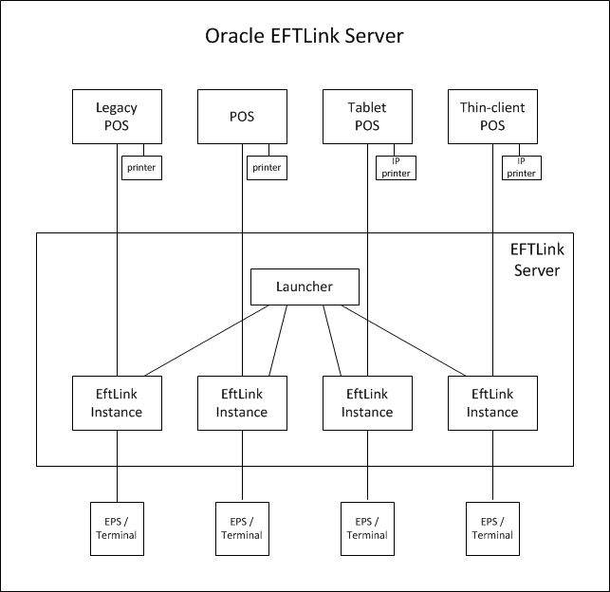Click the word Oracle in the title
(x=233, y=37)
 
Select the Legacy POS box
(x=117, y=117)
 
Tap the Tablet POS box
(x=367, y=117)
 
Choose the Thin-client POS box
(x=491, y=117)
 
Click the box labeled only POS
(x=242, y=117)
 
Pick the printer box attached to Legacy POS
(x=141, y=167)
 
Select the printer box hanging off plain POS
(x=267, y=167)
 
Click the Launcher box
(x=305, y=287)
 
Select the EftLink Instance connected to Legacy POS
(x=117, y=403)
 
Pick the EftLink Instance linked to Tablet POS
(x=367, y=403)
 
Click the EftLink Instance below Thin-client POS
(x=491, y=403)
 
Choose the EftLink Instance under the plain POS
(x=242, y=403)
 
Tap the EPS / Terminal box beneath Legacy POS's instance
(x=117, y=527)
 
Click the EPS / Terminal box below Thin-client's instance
(x=491, y=527)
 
